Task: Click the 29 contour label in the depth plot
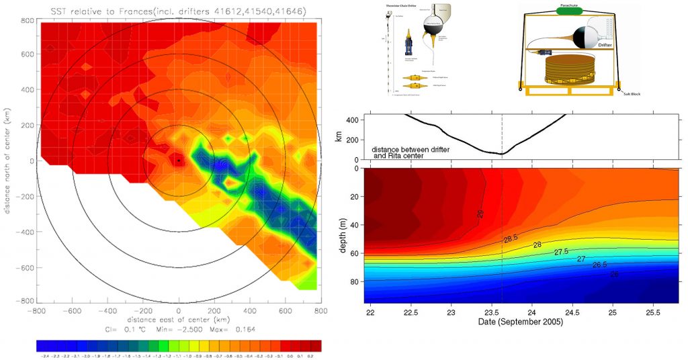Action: pos(480,214)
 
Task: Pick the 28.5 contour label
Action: pos(511,239)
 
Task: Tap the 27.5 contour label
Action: pos(562,252)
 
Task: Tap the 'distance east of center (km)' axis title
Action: pos(178,320)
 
